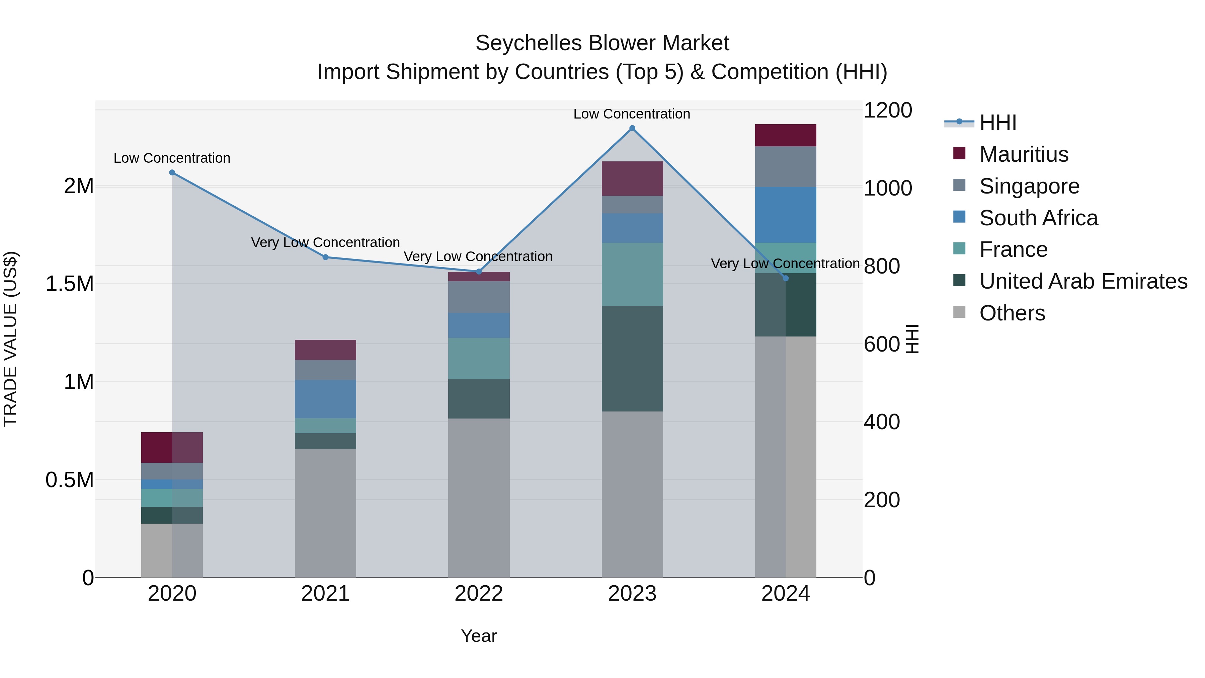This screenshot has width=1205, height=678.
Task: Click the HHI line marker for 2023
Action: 632,128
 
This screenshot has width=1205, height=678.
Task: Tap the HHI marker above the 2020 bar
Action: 172,173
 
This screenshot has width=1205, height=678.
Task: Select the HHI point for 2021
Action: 326,257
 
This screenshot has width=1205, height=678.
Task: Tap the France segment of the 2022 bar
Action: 479,358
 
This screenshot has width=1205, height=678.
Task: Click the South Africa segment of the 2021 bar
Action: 326,399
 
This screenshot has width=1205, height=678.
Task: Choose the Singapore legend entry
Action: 1029,186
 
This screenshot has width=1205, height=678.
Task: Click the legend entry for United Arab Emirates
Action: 1083,281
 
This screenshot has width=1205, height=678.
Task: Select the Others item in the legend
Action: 1012,313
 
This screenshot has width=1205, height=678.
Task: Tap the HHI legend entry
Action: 997,123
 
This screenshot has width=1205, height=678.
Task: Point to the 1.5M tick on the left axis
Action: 70,284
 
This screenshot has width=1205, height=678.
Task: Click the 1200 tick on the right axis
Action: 887,110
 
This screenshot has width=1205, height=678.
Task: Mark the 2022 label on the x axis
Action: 479,594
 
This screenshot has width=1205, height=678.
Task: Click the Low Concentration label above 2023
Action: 632,114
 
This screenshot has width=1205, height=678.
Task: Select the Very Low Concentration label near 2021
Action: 326,242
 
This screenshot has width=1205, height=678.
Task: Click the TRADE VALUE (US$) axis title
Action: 11,339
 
